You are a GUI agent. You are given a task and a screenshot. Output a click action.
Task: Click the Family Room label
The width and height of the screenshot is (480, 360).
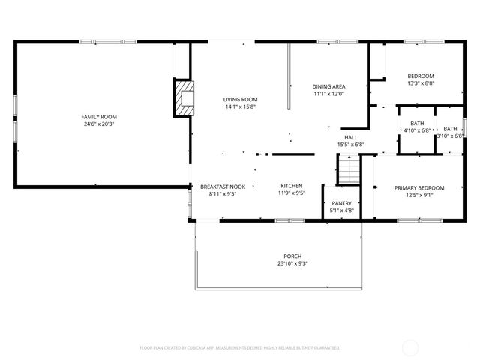[99, 116]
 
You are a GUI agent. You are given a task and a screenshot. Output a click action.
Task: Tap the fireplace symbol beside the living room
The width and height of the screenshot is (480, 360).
[184, 97]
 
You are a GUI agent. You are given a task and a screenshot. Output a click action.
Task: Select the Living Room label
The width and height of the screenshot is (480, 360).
[240, 99]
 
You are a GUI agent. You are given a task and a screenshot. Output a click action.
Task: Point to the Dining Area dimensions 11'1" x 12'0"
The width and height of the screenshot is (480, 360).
[328, 94]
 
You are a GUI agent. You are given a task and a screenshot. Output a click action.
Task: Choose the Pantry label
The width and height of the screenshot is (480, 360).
[342, 202]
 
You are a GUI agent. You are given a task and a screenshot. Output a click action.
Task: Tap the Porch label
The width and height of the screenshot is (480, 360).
[292, 256]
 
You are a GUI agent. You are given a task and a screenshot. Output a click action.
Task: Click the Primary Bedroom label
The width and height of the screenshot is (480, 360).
[419, 187]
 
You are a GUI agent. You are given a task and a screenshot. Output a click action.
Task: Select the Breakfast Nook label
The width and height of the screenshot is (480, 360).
[222, 186]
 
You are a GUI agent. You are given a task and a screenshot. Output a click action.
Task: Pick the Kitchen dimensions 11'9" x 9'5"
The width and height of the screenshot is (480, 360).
[292, 193]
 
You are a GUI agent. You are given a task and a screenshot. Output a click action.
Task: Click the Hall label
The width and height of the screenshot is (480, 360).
[350, 137]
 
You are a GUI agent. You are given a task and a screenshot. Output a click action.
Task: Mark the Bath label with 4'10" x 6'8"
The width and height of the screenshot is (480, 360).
[418, 123]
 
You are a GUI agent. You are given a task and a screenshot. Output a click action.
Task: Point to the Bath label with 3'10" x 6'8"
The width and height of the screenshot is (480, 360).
[450, 128]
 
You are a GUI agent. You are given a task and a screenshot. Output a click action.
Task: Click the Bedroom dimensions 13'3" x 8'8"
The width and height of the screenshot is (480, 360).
[420, 84]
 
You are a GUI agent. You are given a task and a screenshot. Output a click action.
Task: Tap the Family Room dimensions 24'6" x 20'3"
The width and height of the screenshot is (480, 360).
[99, 124]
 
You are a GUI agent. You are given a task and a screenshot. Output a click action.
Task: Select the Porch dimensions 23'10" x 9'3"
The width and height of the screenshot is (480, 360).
[292, 263]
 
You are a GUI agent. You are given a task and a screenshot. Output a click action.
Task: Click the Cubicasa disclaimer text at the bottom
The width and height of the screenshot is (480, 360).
[240, 348]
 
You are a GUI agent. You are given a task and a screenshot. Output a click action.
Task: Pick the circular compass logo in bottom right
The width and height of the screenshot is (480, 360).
[410, 347]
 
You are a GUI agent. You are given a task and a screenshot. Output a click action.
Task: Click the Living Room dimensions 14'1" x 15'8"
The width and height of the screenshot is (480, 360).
[240, 106]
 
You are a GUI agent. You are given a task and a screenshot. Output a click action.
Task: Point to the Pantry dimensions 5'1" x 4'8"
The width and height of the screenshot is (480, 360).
[342, 211]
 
